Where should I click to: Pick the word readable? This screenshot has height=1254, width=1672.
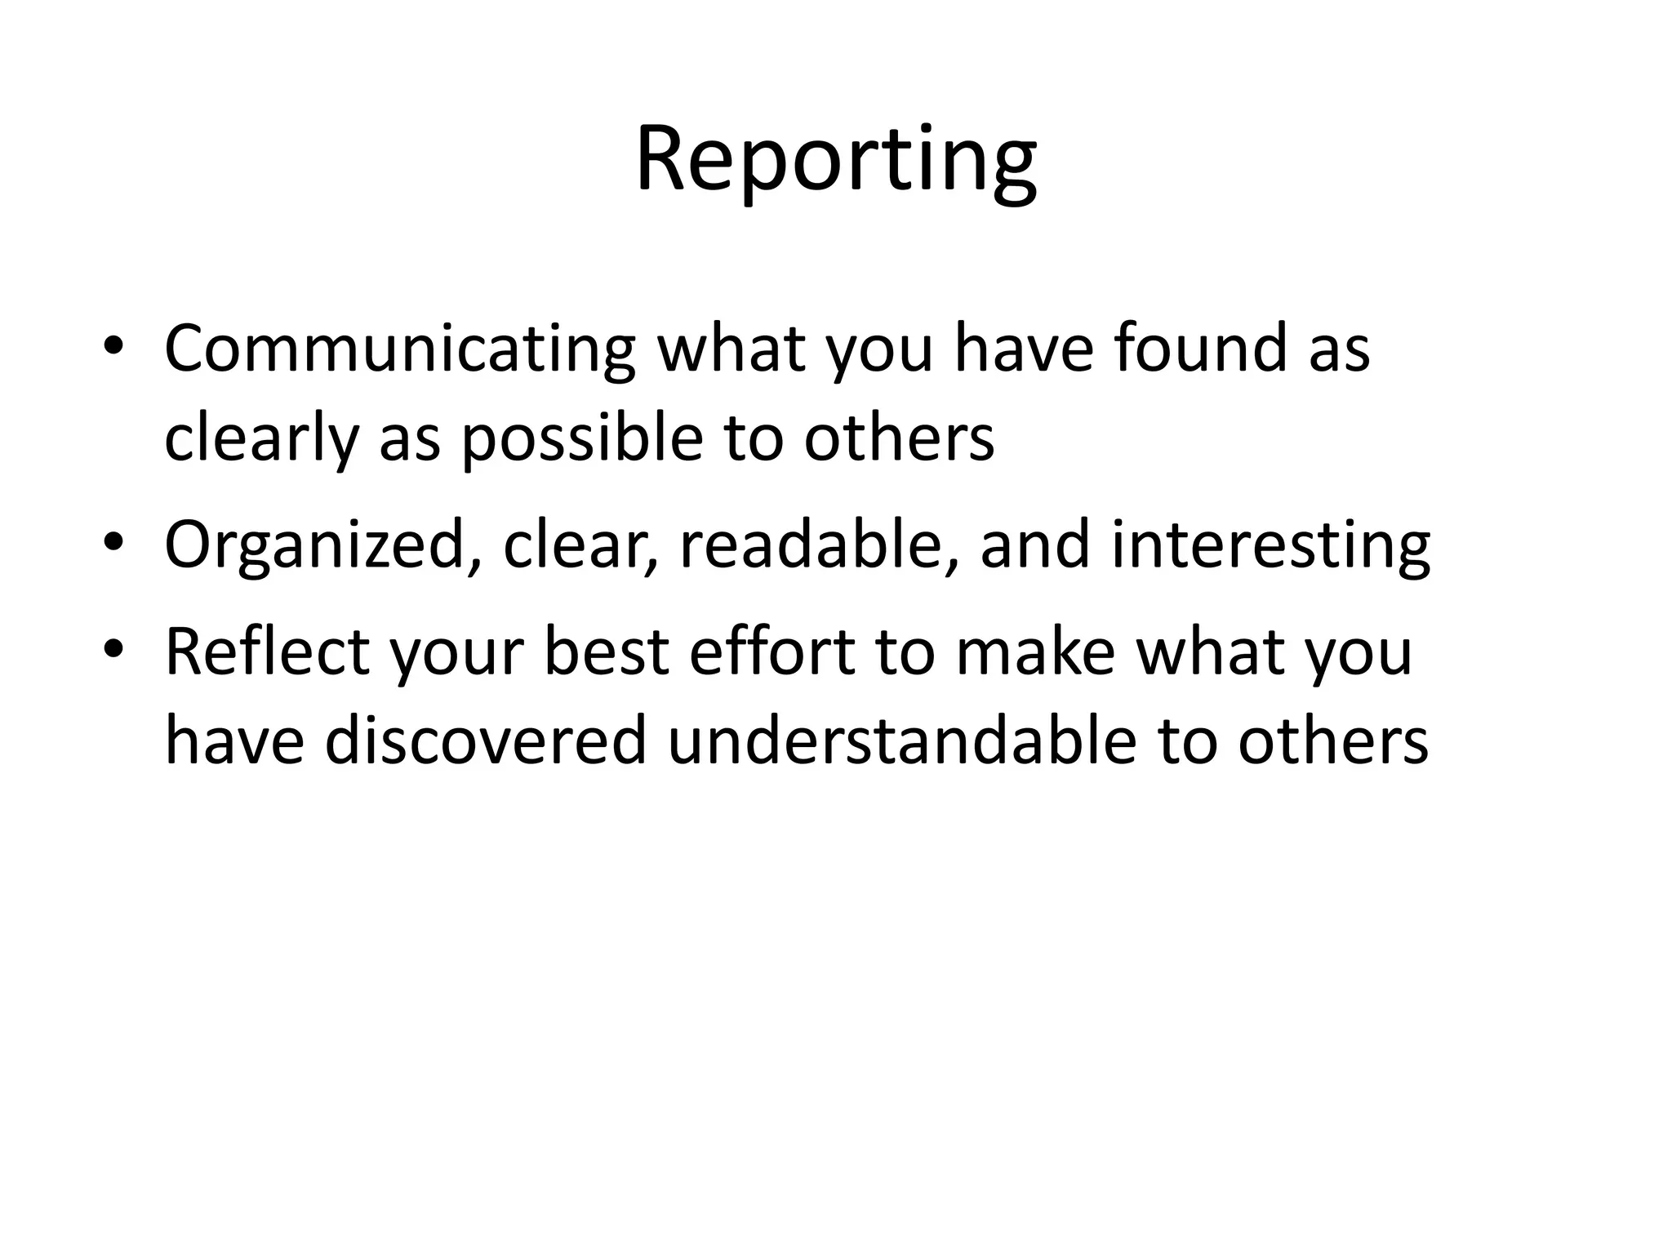point(810,545)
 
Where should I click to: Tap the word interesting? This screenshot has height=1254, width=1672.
point(1270,545)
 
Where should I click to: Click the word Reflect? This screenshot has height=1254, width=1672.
point(266,651)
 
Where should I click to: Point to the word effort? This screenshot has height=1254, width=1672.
point(772,651)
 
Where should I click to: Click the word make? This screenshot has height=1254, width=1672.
point(1035,651)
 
